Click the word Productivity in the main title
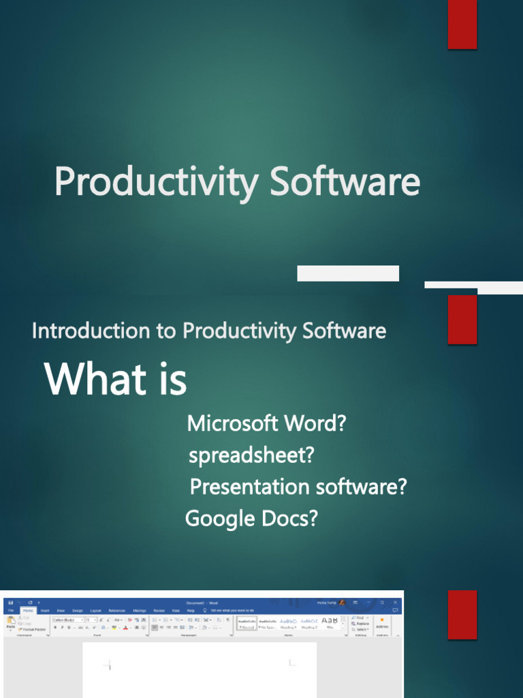[157, 183]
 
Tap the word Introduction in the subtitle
[92, 331]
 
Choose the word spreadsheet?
[251, 455]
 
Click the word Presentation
[249, 487]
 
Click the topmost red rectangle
[462, 25]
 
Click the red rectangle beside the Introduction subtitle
[462, 320]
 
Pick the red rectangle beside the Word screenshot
[462, 615]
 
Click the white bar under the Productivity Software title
[348, 273]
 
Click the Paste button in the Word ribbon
[11, 623]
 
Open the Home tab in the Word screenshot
[28, 610]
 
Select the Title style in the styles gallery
[330, 623]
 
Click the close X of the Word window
[395, 603]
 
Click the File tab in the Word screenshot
[10, 610]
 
